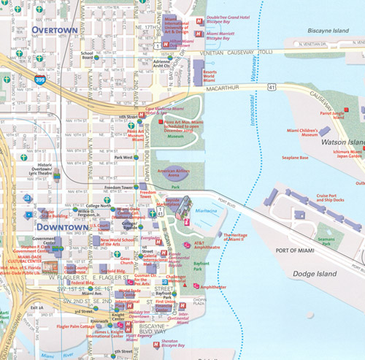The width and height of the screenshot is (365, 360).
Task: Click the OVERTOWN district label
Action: point(55,29)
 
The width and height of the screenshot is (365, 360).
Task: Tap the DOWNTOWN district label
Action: point(58,227)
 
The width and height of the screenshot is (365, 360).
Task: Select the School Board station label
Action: point(87,53)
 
